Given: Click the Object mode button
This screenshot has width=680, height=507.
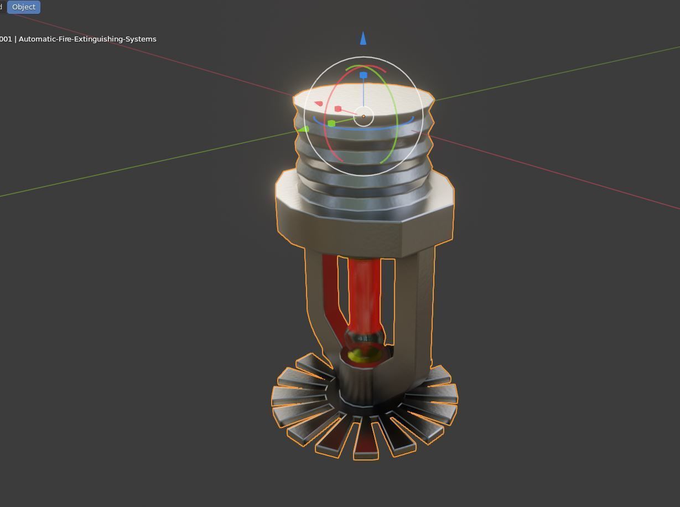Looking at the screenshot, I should (x=24, y=7).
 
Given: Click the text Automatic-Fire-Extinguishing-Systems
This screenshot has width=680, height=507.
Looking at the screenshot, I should (x=87, y=39).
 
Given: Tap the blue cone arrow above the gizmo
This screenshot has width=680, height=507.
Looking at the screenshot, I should (x=363, y=38).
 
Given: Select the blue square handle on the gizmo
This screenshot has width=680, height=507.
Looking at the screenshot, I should (x=364, y=75).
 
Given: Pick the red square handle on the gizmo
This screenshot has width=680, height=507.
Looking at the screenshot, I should (x=338, y=109).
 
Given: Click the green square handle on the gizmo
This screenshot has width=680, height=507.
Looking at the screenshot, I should (x=331, y=123).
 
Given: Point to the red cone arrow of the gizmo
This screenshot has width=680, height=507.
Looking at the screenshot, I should (x=319, y=104).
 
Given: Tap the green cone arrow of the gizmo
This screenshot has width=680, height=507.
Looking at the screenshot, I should (x=304, y=130).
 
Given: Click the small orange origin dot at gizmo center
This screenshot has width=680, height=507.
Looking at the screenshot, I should (x=364, y=117).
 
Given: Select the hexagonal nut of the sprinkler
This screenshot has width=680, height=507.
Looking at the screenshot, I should (x=365, y=232).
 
